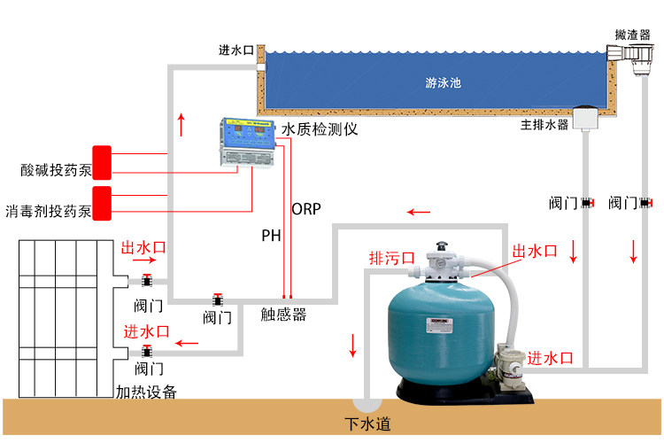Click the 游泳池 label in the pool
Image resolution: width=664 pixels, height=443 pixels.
(x=443, y=83)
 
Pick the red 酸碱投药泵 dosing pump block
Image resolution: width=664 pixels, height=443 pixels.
(x=103, y=162)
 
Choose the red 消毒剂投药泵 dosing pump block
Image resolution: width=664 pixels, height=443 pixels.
(x=103, y=203)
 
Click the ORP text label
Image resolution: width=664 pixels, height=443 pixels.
(x=305, y=209)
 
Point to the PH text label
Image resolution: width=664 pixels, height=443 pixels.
(x=271, y=237)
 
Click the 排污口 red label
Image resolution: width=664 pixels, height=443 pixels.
(x=391, y=259)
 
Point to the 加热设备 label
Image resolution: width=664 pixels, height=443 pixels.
(x=146, y=391)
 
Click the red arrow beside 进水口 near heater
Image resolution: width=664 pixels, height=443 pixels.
(x=187, y=341)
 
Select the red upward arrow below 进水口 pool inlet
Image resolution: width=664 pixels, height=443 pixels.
(x=182, y=124)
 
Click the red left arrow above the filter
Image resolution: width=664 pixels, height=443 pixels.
(x=419, y=212)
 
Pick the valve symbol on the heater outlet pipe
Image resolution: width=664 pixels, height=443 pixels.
(x=147, y=281)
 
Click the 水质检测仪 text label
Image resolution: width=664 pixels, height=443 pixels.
(x=319, y=129)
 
